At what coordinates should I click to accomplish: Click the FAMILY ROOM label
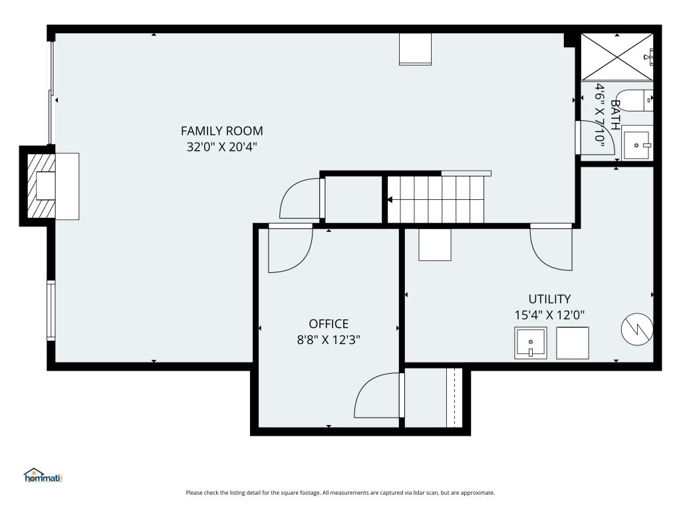(x=221, y=131)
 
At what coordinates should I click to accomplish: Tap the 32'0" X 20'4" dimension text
(x=221, y=147)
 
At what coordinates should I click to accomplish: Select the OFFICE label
(x=329, y=324)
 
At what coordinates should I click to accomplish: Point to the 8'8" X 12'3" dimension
(x=329, y=339)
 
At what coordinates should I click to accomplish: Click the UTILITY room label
(x=549, y=299)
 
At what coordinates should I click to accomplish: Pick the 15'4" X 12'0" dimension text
(x=549, y=315)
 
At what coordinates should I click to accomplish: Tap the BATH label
(x=615, y=115)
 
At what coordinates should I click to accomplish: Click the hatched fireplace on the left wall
(x=41, y=186)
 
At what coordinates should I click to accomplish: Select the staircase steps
(x=436, y=199)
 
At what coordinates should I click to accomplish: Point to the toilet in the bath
(x=634, y=101)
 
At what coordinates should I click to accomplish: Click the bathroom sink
(x=637, y=143)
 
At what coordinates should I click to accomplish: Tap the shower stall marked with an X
(x=616, y=57)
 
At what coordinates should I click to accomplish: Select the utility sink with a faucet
(x=530, y=343)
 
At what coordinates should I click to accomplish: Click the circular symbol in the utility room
(x=637, y=329)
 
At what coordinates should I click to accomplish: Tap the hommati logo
(x=43, y=475)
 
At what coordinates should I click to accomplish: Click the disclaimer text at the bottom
(x=340, y=493)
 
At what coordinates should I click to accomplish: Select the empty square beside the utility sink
(x=573, y=343)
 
